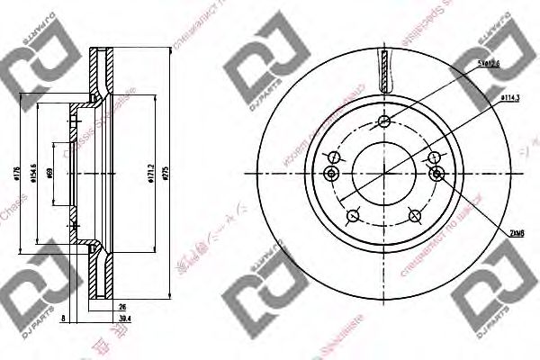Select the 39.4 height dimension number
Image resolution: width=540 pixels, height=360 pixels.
(125, 317)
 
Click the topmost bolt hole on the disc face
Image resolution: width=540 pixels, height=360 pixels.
(384, 122)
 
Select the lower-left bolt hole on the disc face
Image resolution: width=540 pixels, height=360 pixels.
(354, 214)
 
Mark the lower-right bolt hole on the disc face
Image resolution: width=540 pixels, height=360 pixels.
(416, 214)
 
